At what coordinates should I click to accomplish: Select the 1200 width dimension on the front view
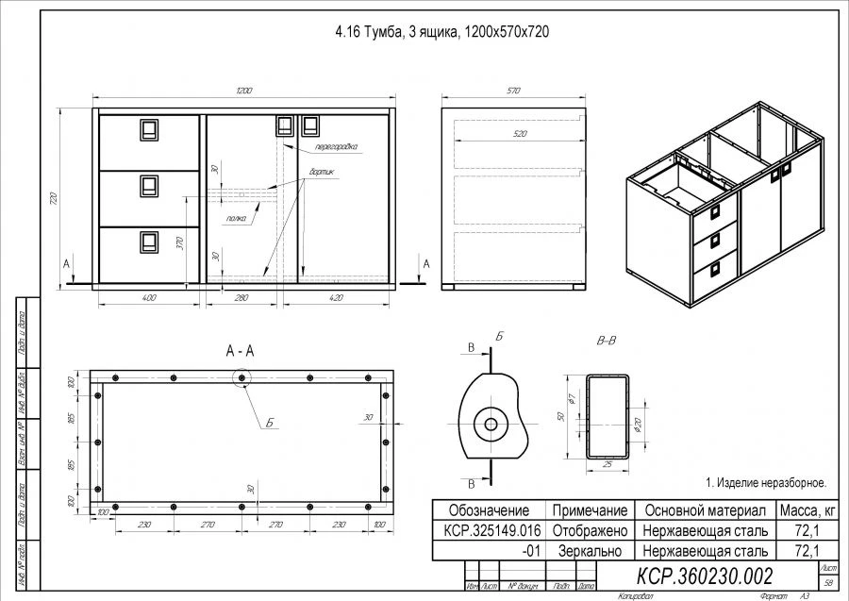244,92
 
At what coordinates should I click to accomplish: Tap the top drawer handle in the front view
148,129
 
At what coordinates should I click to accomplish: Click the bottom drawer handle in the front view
148,243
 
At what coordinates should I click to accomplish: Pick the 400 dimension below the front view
148,298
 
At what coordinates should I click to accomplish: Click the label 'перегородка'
337,149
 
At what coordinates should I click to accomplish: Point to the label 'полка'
237,218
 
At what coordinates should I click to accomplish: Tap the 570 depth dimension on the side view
513,92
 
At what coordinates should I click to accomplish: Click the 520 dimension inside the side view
513,135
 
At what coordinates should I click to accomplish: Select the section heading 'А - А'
241,350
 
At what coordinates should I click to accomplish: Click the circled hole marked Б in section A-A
242,377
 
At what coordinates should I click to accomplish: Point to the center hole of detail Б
491,425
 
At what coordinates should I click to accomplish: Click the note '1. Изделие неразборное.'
765,481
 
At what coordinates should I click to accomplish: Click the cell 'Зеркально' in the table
591,549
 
